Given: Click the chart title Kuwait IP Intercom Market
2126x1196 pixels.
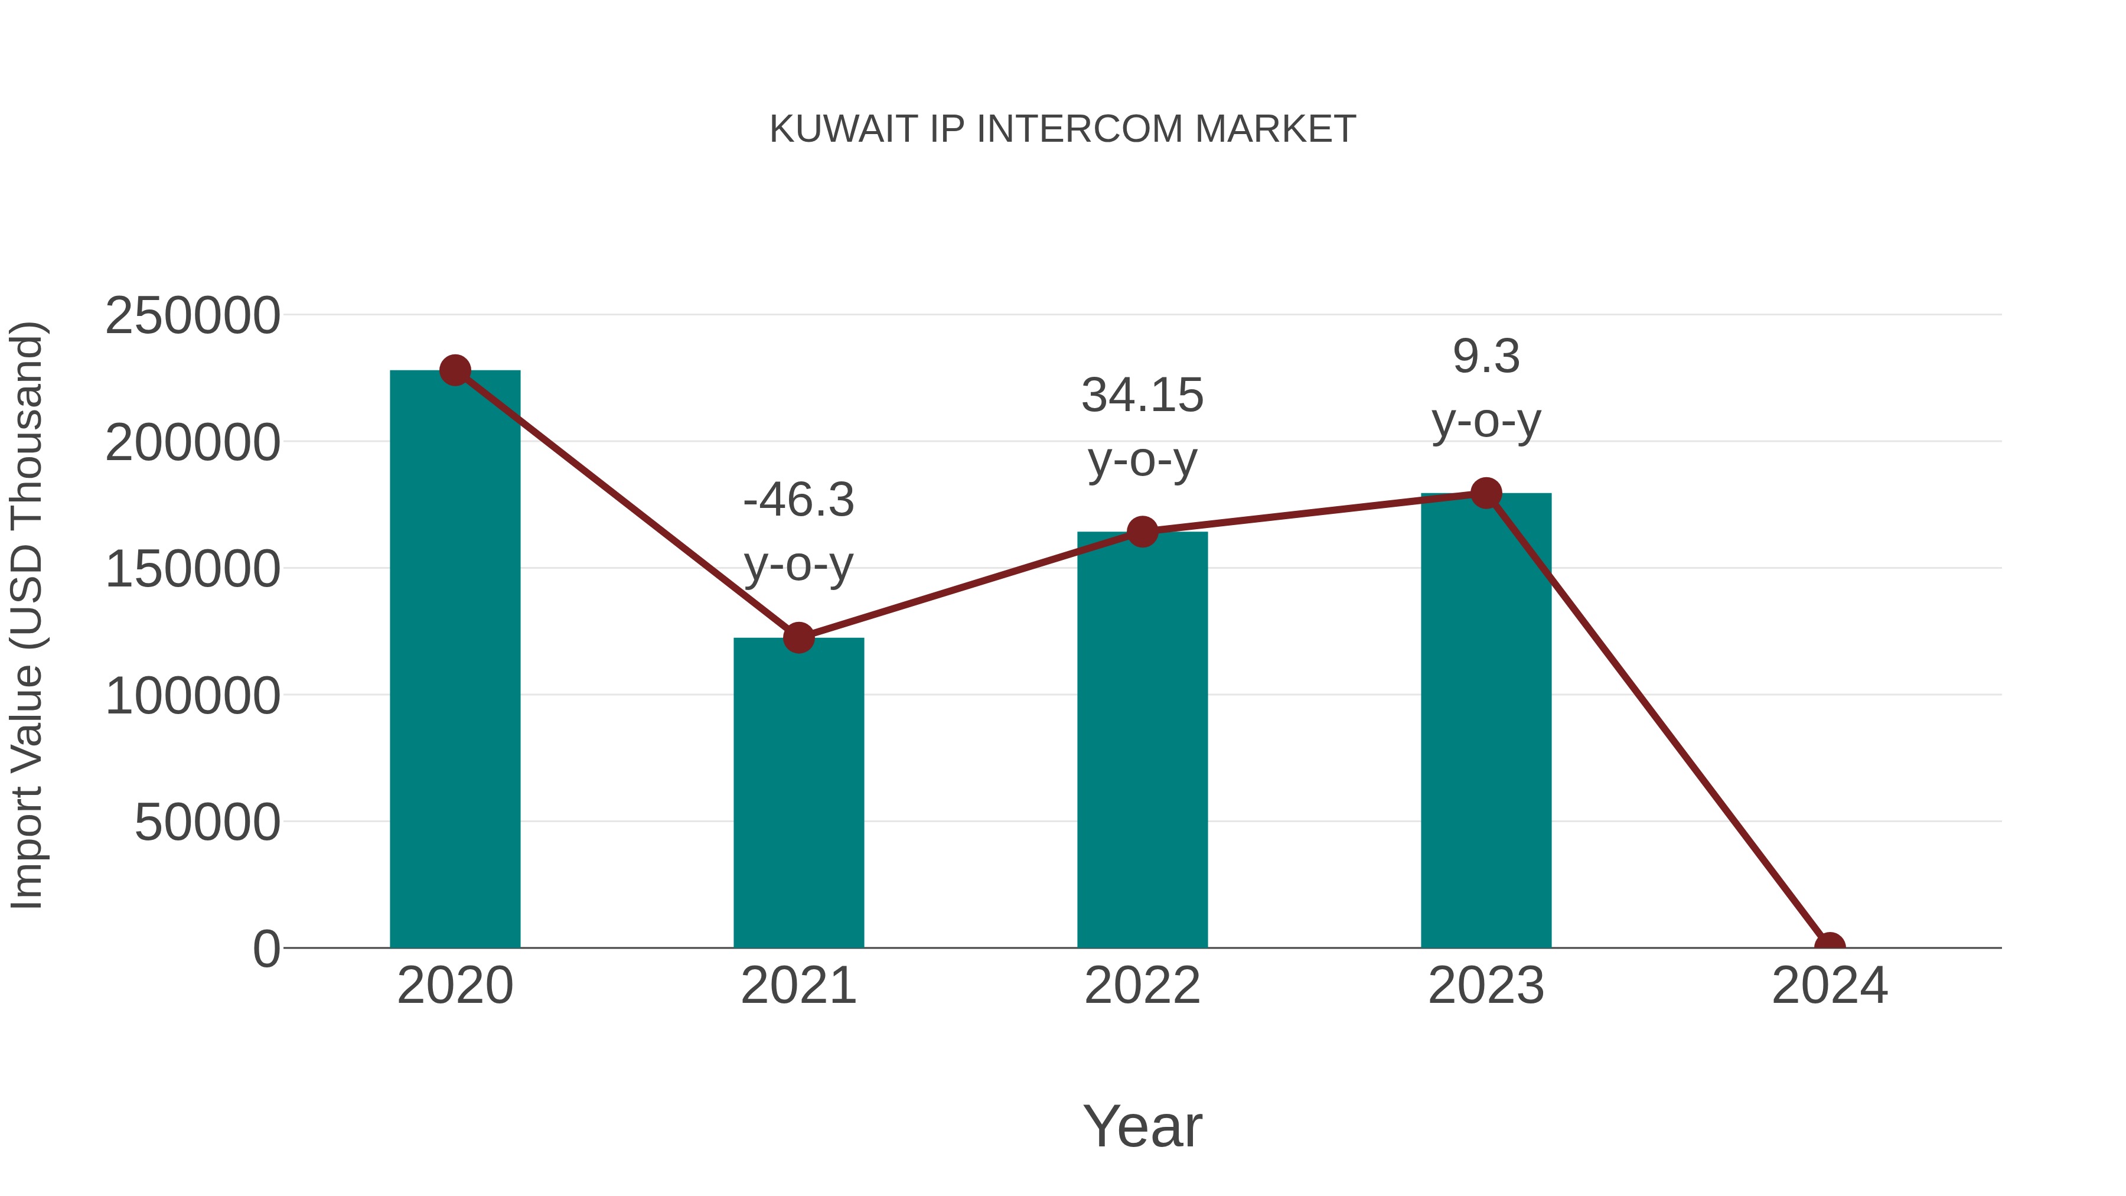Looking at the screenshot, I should (x=1062, y=129).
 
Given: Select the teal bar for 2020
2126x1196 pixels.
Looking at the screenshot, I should (x=455, y=660).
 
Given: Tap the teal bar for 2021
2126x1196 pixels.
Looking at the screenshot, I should (x=798, y=793).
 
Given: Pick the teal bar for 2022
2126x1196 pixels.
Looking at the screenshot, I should (x=1142, y=743).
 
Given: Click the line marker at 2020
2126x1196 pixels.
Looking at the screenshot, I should (x=455, y=370).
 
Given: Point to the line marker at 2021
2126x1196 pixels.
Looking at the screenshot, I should (x=798, y=637).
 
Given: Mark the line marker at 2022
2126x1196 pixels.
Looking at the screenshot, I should (x=1142, y=532).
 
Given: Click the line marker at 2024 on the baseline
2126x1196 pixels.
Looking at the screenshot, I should (x=1830, y=946).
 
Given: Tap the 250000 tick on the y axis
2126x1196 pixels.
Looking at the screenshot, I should (x=193, y=316).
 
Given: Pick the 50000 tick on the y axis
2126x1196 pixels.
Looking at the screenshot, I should (x=207, y=823).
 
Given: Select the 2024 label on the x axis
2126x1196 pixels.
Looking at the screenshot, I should (x=1830, y=986).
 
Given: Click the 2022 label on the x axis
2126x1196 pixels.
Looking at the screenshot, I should (x=1142, y=986).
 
